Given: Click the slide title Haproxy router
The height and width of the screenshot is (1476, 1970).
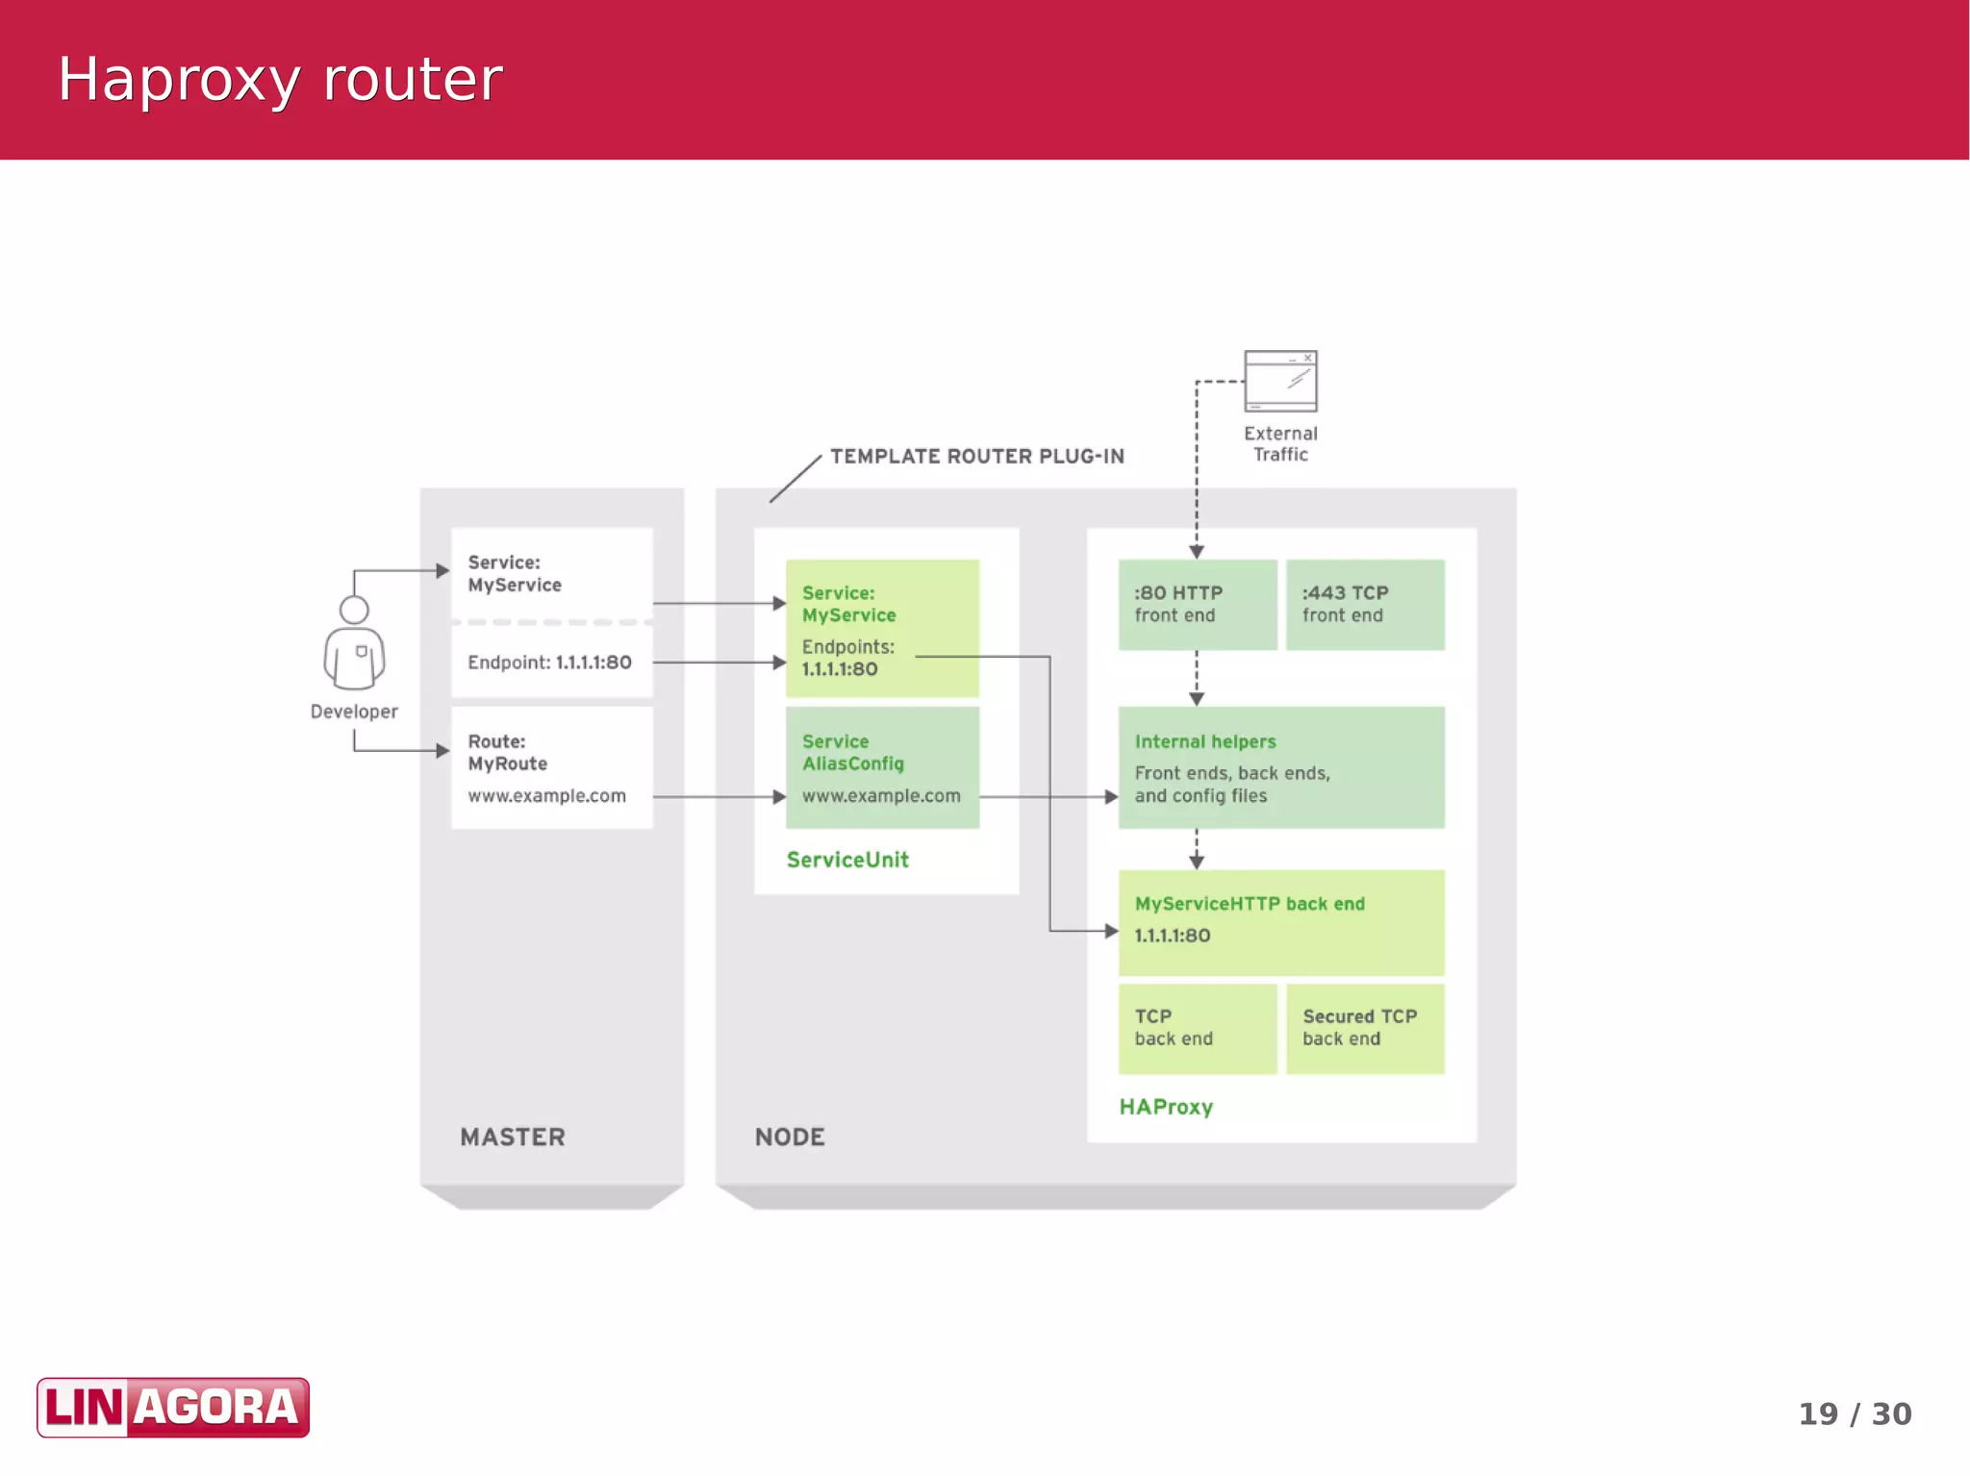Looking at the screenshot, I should (x=280, y=79).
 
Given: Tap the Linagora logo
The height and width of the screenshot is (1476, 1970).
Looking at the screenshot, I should (x=173, y=1407).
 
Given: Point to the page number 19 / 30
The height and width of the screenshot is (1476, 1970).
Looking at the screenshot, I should (x=1854, y=1413).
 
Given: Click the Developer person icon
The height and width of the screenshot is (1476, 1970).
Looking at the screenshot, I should (x=354, y=643).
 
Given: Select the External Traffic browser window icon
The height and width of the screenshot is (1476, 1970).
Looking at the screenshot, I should (x=1280, y=382).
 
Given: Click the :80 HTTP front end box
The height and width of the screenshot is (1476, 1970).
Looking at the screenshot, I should (x=1197, y=605).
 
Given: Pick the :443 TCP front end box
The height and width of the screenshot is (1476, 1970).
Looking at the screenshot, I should (x=1364, y=605).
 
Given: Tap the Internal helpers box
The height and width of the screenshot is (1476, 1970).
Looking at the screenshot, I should (x=1280, y=767).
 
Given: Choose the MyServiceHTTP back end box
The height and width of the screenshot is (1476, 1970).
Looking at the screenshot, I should (x=1280, y=921).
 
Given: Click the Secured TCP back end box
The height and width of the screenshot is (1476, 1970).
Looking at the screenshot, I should (x=1364, y=1028).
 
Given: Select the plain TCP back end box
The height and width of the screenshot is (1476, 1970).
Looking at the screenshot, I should (x=1197, y=1028).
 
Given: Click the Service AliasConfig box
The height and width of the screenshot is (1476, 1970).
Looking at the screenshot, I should (x=882, y=767).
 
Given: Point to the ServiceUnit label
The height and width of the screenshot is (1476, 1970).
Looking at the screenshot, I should (x=847, y=860).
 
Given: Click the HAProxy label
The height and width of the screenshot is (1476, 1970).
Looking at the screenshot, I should (x=1166, y=1107).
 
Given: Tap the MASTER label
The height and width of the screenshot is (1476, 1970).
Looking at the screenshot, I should (x=513, y=1138).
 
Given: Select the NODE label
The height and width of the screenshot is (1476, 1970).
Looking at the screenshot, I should (x=790, y=1138).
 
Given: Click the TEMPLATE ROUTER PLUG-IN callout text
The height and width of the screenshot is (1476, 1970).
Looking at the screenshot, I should (x=977, y=457).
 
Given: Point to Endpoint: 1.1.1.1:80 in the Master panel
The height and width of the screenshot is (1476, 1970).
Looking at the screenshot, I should (x=549, y=663).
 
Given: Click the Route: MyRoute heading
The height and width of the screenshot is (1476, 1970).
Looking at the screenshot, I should (x=507, y=752).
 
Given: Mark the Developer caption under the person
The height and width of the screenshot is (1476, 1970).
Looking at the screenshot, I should (x=354, y=712).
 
